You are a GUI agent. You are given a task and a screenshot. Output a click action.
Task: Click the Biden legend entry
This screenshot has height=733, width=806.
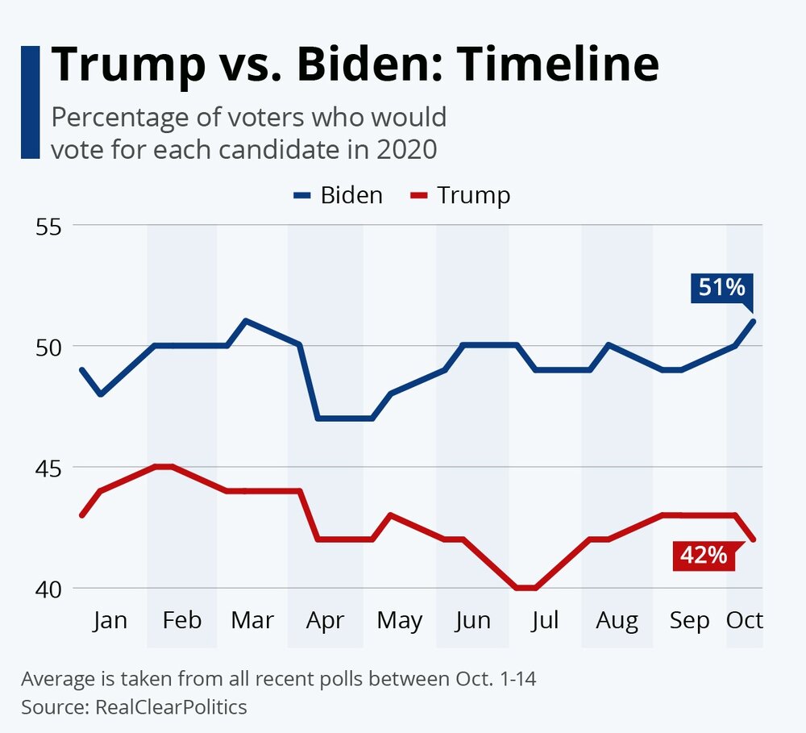338,195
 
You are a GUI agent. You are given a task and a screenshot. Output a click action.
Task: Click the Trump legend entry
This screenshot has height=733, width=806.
460,195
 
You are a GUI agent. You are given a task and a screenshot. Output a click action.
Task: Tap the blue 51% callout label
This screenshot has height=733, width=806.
721,288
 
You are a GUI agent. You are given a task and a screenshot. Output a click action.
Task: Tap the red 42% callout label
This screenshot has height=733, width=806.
703,556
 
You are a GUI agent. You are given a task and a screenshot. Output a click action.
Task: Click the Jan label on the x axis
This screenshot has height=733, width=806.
110,620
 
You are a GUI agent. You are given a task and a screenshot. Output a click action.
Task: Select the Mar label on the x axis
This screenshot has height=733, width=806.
252,620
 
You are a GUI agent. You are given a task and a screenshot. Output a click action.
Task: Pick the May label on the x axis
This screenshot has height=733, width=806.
400,620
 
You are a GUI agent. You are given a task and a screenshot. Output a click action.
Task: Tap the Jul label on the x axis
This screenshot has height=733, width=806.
546,620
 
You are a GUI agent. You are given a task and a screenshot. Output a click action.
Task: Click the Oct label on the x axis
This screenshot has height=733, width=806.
745,620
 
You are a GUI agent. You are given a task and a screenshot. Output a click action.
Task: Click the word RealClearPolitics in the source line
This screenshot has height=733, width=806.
171,707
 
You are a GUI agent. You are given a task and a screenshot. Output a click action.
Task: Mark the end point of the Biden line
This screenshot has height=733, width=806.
753,321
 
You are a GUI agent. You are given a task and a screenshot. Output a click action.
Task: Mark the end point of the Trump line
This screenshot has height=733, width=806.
753,539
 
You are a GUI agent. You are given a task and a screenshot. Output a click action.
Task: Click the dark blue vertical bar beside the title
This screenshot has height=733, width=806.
30,102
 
